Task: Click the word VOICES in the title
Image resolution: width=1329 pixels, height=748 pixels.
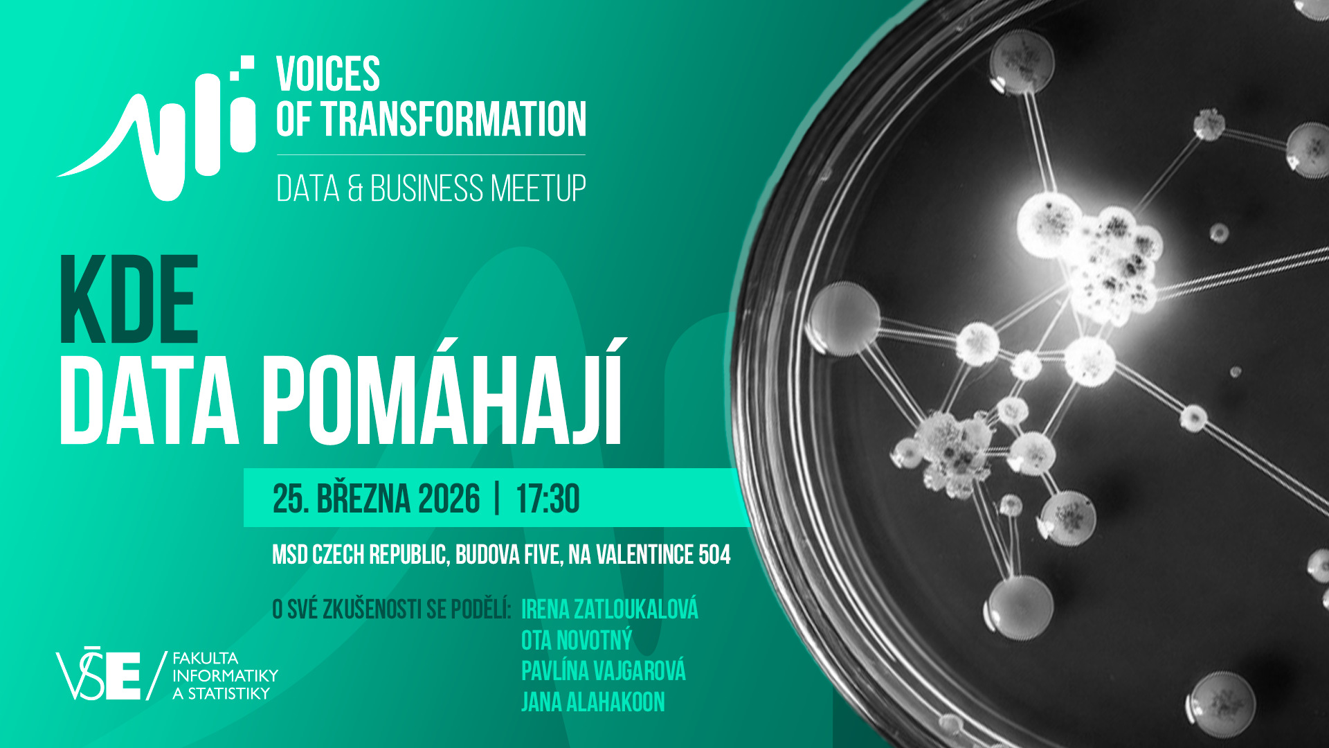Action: pyautogui.click(x=328, y=74)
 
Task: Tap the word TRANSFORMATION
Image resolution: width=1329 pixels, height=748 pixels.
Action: pyautogui.click(x=453, y=118)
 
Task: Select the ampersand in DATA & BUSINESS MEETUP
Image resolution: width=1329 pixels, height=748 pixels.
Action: pyautogui.click(x=355, y=188)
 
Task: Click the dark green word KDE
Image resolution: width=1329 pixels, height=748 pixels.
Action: pyautogui.click(x=129, y=299)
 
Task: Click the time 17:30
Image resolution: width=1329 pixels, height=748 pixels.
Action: pyautogui.click(x=548, y=499)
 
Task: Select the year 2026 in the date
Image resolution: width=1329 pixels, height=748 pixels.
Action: pyautogui.click(x=449, y=499)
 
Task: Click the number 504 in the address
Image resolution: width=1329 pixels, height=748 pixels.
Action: pyautogui.click(x=714, y=555)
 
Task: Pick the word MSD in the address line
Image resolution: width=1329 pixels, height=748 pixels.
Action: pyautogui.click(x=290, y=555)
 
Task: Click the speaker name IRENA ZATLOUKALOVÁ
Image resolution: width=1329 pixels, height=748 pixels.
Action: pyautogui.click(x=609, y=609)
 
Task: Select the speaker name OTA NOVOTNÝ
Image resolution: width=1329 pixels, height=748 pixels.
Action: pyautogui.click(x=577, y=640)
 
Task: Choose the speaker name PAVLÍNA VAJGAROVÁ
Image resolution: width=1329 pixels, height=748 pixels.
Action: pyautogui.click(x=603, y=670)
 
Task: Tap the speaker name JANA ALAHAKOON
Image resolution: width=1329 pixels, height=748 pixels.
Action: pyautogui.click(x=593, y=702)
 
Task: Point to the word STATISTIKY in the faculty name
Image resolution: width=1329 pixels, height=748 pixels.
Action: pyautogui.click(x=229, y=693)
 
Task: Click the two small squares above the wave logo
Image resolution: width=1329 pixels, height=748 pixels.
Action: pyautogui.click(x=242, y=68)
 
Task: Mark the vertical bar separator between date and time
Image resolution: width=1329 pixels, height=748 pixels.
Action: pyautogui.click(x=498, y=499)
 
